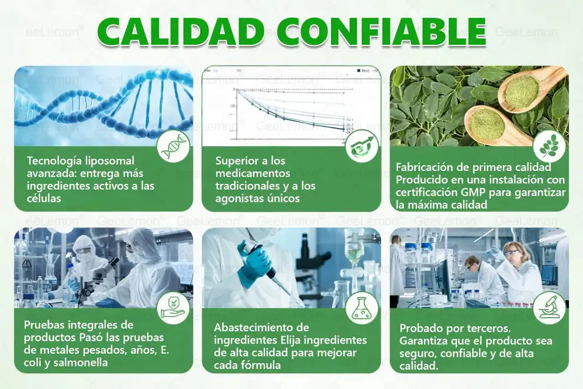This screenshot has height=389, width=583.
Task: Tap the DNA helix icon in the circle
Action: pos(175,147)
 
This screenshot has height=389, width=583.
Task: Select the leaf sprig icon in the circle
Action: pos(549,147)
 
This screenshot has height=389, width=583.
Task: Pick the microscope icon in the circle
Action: pos(549,308)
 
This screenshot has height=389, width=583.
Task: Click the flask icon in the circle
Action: pos(362,308)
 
